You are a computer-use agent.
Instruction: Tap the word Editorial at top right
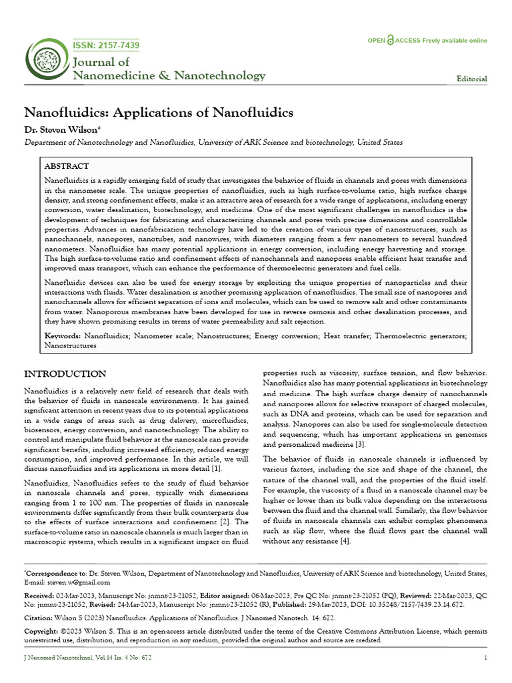tap(471, 79)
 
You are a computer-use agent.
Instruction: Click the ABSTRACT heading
tap(66, 165)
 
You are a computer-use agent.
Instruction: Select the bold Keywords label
tap(62, 337)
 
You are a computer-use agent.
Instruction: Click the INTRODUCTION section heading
tap(65, 374)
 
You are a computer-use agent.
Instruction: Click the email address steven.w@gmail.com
tap(74, 582)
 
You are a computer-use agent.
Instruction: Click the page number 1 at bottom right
tap(485, 658)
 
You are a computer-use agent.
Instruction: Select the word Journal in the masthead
tap(101, 63)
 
